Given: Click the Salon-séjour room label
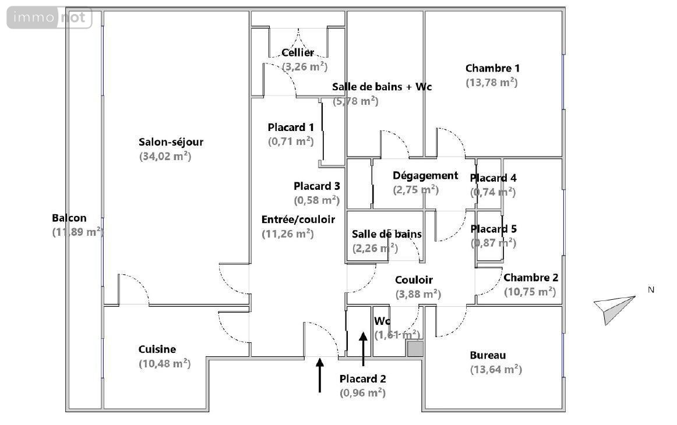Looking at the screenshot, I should pos(171,142).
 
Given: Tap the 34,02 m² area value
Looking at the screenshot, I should pos(165,156).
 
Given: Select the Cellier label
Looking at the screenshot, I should pos(298,53).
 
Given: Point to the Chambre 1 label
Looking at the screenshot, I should pos(492,69).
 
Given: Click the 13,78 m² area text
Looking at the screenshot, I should pos(492,83).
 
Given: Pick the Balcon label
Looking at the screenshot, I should pos(69,218).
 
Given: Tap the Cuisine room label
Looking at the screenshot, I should pos(157,349).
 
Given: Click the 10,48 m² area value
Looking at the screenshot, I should pos(164,363).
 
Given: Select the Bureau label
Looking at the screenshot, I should pos(488,355).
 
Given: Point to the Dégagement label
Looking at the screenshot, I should pos(425,176).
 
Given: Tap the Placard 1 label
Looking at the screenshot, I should pos(291,127).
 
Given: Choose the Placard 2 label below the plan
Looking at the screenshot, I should pos(363,378).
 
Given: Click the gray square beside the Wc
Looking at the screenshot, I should pos(415,349).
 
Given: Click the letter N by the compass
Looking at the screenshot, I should pos(652,289).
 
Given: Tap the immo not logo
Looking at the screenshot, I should pos(50,18).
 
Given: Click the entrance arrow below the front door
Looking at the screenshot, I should pos(320,375).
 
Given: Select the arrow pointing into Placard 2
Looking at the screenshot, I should pos(363,348).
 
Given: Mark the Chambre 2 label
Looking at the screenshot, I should pos(531,278).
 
